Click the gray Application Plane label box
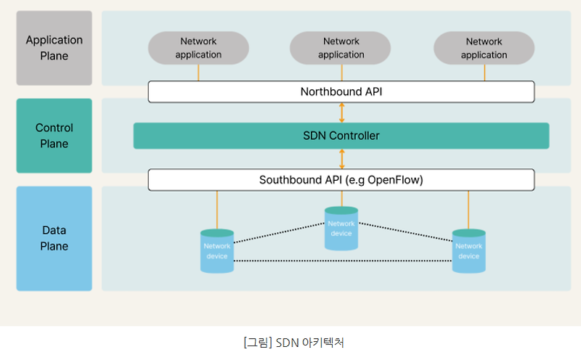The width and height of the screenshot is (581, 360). (54, 48)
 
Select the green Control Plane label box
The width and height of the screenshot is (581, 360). (54, 136)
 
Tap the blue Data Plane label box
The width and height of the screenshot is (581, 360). (54, 238)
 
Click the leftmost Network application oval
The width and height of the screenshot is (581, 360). (198, 48)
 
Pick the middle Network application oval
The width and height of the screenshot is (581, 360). (341, 48)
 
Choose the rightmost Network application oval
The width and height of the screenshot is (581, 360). (484, 48)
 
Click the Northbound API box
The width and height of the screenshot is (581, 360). (341, 91)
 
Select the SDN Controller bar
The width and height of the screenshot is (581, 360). (341, 136)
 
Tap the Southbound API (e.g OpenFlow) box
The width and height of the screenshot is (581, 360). (341, 179)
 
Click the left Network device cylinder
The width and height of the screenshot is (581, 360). (216, 251)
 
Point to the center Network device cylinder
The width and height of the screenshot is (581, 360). (341, 229)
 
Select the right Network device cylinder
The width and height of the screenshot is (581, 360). (468, 251)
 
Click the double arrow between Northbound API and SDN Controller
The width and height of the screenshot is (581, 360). (341, 112)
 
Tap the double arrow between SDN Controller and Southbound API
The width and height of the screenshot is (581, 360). (341, 159)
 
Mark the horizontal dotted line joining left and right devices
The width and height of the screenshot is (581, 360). (341, 261)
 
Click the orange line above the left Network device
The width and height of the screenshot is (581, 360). (216, 209)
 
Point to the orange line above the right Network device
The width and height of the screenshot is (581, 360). (468, 209)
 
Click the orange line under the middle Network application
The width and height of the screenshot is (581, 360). (341, 73)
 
